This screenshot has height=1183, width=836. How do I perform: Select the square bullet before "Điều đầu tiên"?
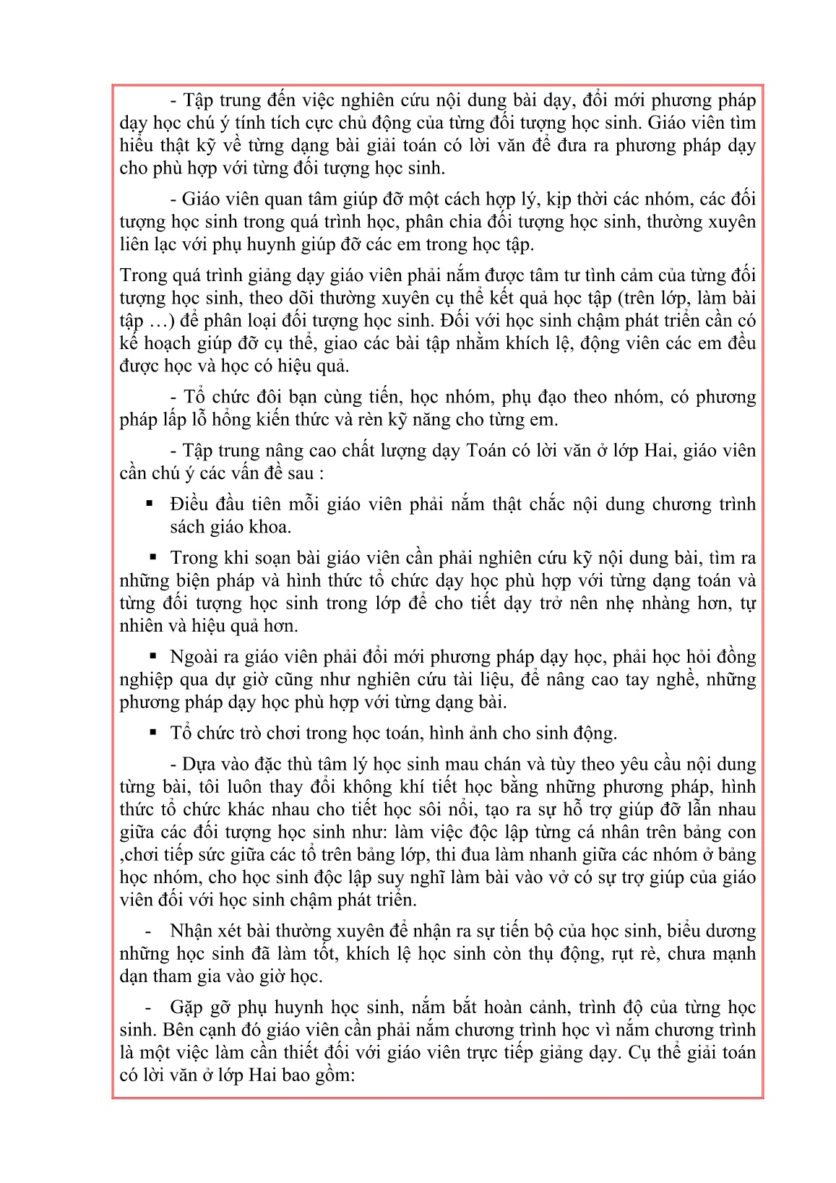tap(150, 504)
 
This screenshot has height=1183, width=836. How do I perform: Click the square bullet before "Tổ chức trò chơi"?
tap(153, 732)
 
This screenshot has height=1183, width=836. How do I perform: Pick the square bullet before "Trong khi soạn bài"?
tap(153, 557)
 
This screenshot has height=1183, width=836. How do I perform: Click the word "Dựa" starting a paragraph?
tap(197, 765)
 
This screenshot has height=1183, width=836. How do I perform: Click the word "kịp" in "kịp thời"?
tap(563, 199)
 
